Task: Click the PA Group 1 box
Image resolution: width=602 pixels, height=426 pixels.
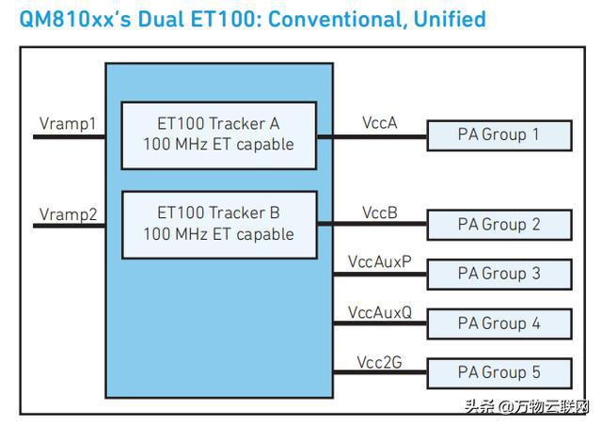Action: [499, 135]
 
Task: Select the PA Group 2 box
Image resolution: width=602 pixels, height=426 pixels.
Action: [499, 225]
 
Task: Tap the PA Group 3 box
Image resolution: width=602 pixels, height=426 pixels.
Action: [499, 274]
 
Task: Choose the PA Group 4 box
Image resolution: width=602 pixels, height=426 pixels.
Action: [499, 323]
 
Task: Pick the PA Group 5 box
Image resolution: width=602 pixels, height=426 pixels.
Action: [499, 373]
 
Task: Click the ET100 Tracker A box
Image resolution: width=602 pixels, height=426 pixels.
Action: [219, 135]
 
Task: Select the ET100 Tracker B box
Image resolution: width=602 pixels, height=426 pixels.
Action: [219, 225]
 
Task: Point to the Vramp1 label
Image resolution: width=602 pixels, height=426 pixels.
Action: [68, 124]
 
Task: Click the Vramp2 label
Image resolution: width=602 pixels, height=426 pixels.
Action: [68, 214]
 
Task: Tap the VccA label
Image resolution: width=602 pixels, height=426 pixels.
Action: [379, 123]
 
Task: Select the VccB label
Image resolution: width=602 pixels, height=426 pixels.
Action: [380, 213]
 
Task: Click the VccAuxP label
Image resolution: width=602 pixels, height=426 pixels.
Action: [380, 261]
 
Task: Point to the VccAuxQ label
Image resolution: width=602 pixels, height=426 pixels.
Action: [380, 312]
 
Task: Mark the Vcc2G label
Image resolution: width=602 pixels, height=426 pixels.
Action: [379, 362]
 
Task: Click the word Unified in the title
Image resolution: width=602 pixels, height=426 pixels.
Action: [450, 19]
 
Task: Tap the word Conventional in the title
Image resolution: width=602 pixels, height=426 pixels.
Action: [338, 19]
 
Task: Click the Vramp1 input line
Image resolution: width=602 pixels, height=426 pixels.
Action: [69, 136]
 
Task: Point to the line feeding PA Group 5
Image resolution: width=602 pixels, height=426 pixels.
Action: [380, 372]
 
